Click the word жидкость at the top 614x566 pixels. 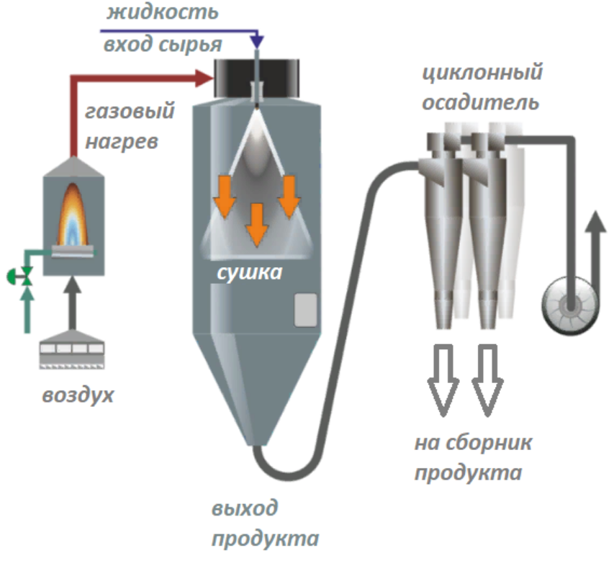pyautogui.click(x=162, y=13)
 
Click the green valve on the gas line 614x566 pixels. pyautogui.click(x=27, y=275)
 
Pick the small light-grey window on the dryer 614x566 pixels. pyautogui.click(x=306, y=310)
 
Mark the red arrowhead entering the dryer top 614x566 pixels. pyautogui.click(x=204, y=76)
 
